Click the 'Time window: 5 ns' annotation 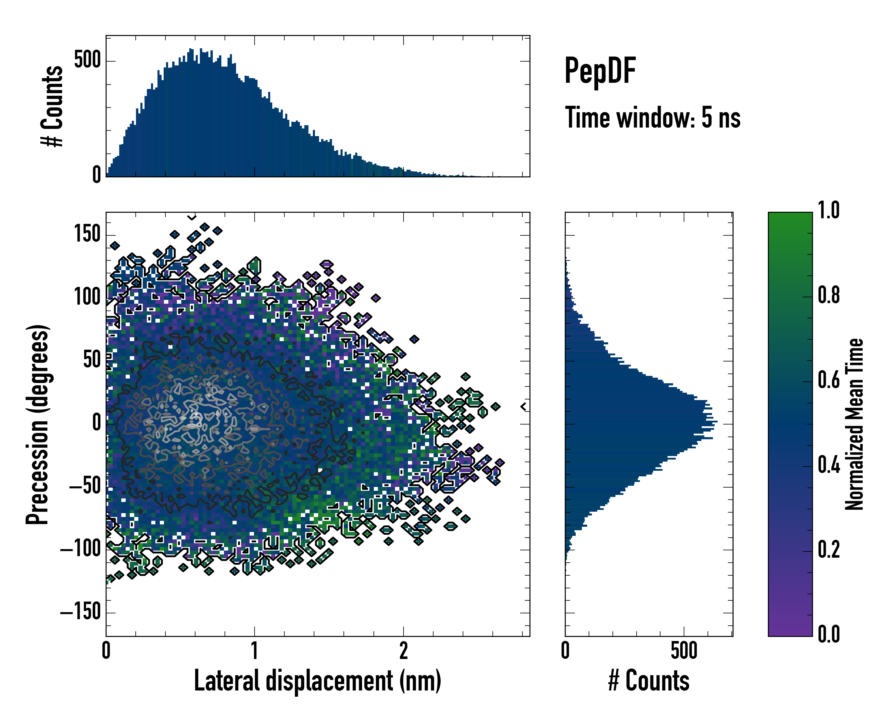(x=653, y=118)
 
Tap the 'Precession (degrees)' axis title (x=38, y=424)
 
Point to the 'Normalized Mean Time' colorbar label (x=854, y=424)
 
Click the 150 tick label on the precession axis (x=87, y=234)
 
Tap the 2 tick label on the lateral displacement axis (x=404, y=651)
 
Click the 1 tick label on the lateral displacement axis (x=255, y=651)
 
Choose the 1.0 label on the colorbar (x=829, y=210)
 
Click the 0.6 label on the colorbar (x=829, y=380)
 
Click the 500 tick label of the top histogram (x=87, y=60)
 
